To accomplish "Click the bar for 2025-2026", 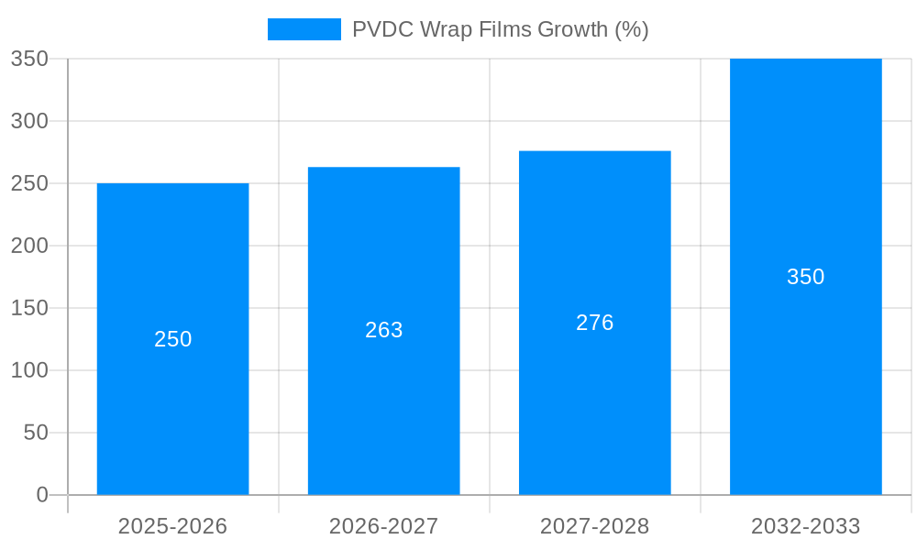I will pyautogui.click(x=172, y=412).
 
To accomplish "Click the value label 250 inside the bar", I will pyautogui.click(x=172, y=339).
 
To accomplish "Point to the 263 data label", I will pyautogui.click(x=383, y=330).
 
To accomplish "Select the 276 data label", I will pyautogui.click(x=594, y=323).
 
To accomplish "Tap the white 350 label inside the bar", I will pyautogui.click(x=805, y=277).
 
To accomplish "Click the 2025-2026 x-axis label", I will pyautogui.click(x=172, y=526).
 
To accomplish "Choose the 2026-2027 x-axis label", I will pyautogui.click(x=383, y=526).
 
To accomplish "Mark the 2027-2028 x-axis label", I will pyautogui.click(x=594, y=526).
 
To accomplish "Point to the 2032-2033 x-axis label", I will pyautogui.click(x=805, y=526).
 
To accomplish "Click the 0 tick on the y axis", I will pyautogui.click(x=42, y=495).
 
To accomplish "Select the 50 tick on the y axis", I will pyautogui.click(x=36, y=433).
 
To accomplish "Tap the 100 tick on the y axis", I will pyautogui.click(x=29, y=370).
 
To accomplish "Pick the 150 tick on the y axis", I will pyautogui.click(x=29, y=308).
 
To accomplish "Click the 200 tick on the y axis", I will pyautogui.click(x=29, y=246).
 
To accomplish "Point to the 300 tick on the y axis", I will pyautogui.click(x=29, y=121).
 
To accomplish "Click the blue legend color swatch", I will pyautogui.click(x=304, y=29).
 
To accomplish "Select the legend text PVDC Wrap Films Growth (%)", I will pyautogui.click(x=500, y=29).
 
